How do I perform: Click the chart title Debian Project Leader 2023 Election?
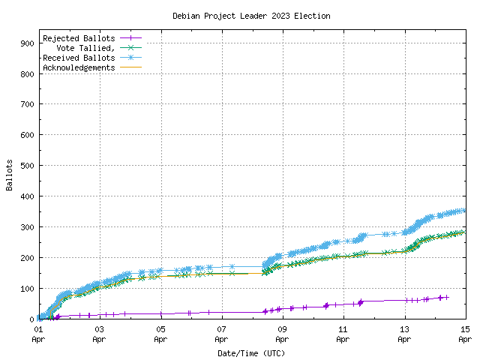click(251, 16)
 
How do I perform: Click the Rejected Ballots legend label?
click(79, 38)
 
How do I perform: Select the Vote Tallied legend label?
click(85, 48)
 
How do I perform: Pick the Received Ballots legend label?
click(79, 58)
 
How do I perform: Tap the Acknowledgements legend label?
click(79, 67)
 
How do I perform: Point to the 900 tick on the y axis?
click(26, 43)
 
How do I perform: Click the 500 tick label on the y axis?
click(26, 166)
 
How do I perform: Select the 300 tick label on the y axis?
click(26, 227)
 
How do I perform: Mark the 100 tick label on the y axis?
click(26, 289)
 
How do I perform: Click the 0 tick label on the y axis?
click(31, 319)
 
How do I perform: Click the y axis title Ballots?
click(10, 175)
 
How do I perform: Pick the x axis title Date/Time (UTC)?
click(251, 352)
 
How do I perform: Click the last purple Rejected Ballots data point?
click(447, 297)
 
